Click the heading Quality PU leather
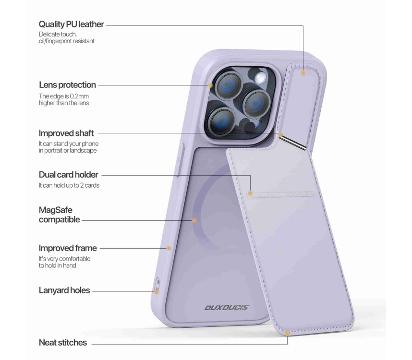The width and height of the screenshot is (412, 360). (x=71, y=24)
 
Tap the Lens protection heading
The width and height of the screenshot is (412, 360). (x=67, y=85)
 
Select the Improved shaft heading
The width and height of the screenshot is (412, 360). (x=66, y=133)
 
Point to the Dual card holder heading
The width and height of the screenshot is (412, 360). (x=68, y=175)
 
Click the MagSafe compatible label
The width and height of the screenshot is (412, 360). (x=59, y=215)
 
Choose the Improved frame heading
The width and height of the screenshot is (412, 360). (x=68, y=248)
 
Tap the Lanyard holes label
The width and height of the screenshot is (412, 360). (x=64, y=290)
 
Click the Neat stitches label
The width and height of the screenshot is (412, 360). (x=63, y=342)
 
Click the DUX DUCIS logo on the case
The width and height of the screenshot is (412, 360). (x=227, y=308)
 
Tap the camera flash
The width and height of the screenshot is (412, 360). (x=260, y=77)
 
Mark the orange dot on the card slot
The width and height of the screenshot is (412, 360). (x=250, y=193)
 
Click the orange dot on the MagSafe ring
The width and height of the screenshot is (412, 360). (x=194, y=221)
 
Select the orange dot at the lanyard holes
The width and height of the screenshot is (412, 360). (x=157, y=291)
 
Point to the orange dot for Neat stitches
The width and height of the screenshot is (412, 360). (x=287, y=334)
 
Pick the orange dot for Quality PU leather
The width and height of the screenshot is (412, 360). (x=303, y=73)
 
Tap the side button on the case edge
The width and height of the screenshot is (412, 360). (x=181, y=160)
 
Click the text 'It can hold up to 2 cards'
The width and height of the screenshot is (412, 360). (x=69, y=185)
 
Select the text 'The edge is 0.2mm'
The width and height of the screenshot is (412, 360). (x=63, y=96)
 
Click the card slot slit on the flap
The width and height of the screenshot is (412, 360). (x=280, y=194)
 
